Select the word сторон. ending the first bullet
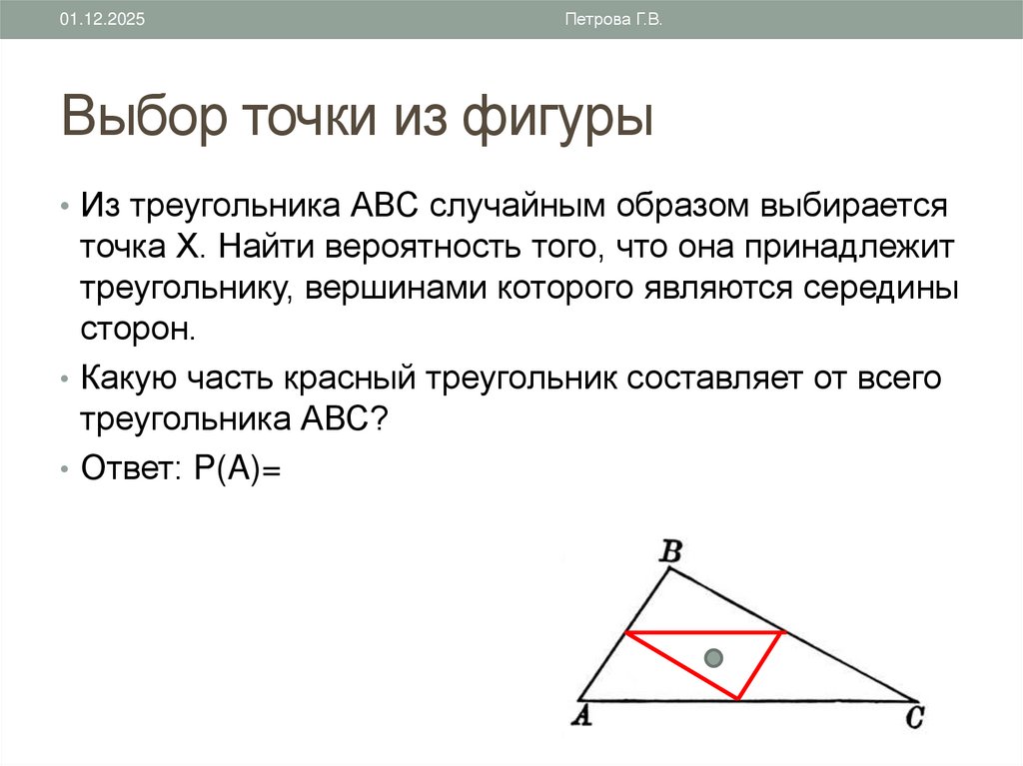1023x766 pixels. (134, 328)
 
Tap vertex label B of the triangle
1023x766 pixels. (671, 550)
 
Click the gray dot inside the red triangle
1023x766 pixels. (712, 658)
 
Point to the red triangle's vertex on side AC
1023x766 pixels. (738, 699)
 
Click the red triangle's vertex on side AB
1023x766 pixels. (625, 632)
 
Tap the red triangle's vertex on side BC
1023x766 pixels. (783, 632)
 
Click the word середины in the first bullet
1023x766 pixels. (876, 287)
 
